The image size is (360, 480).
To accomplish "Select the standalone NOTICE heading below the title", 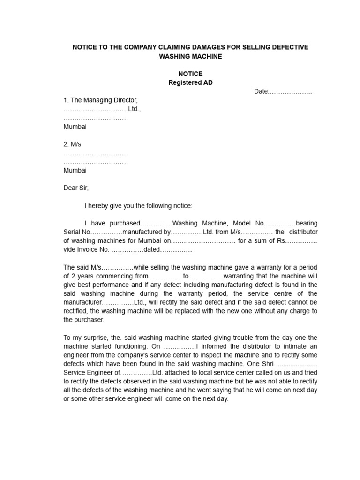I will (x=190, y=74).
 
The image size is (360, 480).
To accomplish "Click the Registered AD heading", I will (x=190, y=83).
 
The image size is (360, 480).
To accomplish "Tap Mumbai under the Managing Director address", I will (x=75, y=127).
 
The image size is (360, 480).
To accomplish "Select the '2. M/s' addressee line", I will (x=72, y=144).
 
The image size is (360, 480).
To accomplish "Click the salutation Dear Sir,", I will (x=76, y=188).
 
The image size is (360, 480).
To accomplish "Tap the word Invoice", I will (x=90, y=249).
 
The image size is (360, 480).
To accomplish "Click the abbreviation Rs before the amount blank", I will (x=281, y=241).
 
